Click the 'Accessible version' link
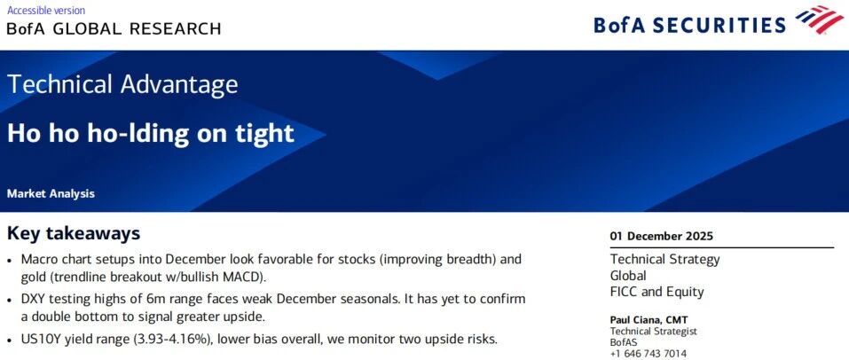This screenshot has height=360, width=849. [46, 11]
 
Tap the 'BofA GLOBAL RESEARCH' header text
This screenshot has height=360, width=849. [114, 28]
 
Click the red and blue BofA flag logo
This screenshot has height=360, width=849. [820, 20]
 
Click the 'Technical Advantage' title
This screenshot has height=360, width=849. [122, 84]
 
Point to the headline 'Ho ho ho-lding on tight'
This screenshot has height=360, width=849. [151, 133]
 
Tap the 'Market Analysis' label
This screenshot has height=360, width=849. [51, 193]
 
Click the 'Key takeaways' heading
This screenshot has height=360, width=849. [74, 233]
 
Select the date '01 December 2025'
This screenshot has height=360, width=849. [662, 236]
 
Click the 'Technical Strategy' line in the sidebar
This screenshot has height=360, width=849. [664, 259]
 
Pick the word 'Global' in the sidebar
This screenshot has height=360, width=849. [628, 276]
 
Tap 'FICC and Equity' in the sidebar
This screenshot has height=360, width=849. [656, 292]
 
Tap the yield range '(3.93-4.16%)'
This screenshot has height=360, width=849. [166, 340]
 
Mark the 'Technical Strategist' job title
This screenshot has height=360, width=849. [654, 332]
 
